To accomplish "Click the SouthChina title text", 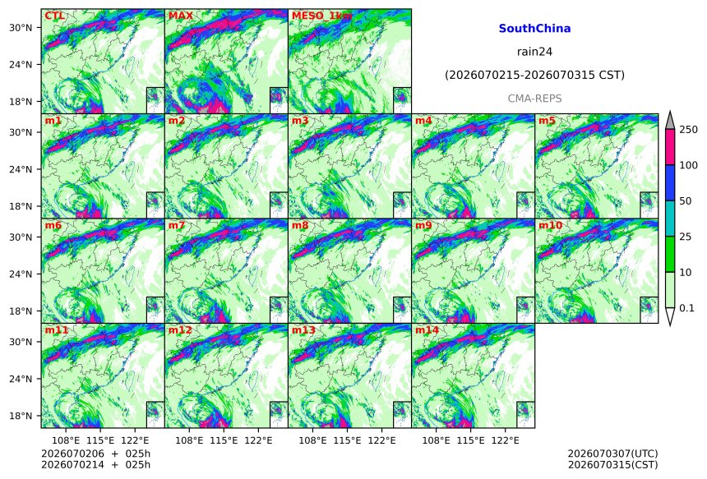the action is coord(534,29).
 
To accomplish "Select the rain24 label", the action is coord(534,52).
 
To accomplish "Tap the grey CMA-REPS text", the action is coord(534,99).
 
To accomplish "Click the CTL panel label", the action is coord(54,16).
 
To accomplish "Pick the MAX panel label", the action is coord(180,16).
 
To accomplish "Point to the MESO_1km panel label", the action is coord(322,16).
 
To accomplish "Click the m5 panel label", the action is coord(547,121).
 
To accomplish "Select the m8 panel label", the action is coord(300,225).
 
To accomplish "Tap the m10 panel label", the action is coord(550,225).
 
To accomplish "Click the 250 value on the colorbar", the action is coord(689,130).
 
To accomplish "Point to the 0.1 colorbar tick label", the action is coord(686,308).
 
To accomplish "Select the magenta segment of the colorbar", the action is coord(670,147).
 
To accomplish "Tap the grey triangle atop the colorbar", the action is coord(670,122).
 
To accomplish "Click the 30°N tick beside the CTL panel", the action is coord(21,28).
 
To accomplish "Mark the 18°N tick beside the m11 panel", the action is coord(21,416).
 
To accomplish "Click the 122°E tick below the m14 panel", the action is coord(506,440).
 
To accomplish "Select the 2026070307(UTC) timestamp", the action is coord(612,454).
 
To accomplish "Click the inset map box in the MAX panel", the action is coord(279,100).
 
